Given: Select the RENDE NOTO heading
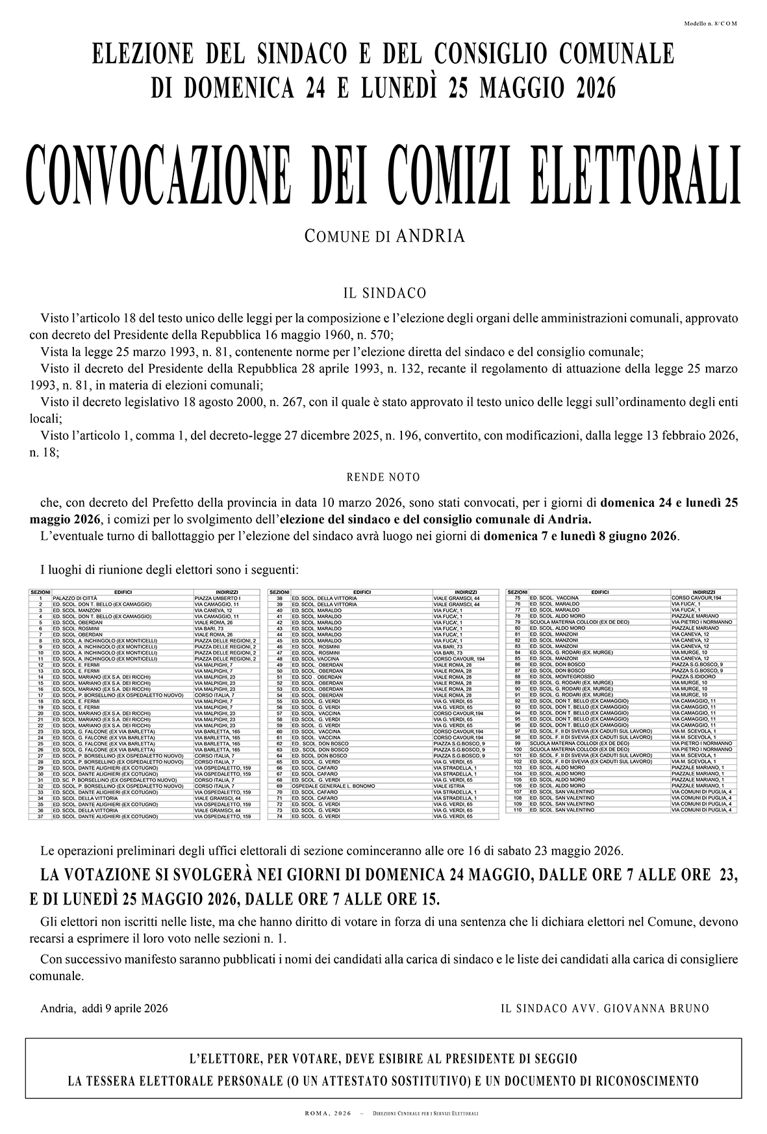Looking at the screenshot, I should [x=383, y=478].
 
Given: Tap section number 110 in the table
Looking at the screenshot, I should [x=518, y=810].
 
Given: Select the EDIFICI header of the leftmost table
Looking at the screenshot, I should [x=123, y=593].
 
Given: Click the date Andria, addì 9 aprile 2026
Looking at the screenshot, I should [x=104, y=1009].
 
